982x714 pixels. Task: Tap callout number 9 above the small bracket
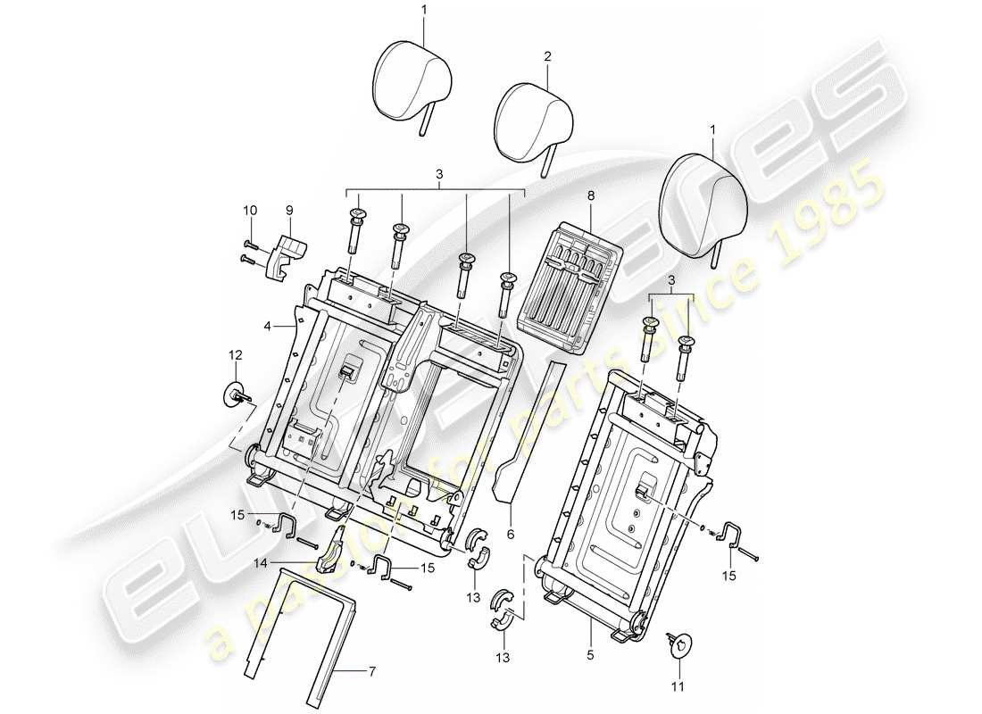tap(252, 212)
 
